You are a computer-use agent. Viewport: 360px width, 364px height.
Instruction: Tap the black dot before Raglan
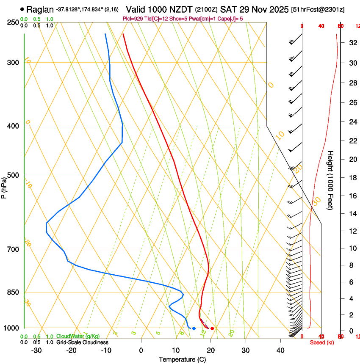tap(22, 9)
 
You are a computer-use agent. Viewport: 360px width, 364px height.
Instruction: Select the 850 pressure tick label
tap(13, 292)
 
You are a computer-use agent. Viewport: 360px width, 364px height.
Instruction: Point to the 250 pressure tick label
tap(13, 22)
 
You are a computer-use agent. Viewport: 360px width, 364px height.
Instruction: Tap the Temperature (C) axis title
tap(182, 359)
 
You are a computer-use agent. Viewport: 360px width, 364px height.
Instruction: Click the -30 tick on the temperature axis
tap(36, 350)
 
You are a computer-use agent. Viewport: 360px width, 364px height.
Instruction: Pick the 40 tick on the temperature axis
tap(280, 350)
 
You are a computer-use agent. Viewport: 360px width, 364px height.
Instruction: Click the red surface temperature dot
tap(212, 328)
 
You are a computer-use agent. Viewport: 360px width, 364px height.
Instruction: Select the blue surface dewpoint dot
tap(194, 328)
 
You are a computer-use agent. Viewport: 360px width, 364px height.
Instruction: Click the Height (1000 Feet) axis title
tap(331, 180)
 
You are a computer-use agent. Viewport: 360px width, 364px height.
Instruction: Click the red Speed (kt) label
tap(322, 342)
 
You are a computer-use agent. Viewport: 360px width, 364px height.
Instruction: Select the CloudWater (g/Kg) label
tap(78, 336)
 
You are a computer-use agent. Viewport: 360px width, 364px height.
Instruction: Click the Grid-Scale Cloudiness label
tap(82, 342)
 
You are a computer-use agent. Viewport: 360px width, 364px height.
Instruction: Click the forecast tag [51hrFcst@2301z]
tap(324, 9)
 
